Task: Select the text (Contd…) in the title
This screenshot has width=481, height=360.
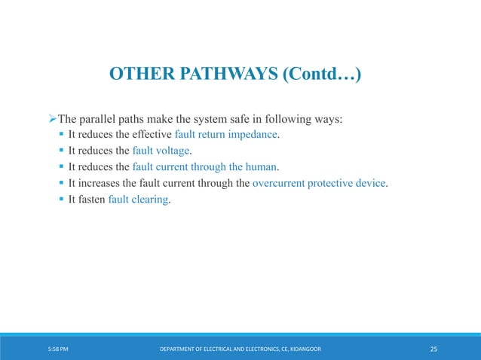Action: tap(316, 75)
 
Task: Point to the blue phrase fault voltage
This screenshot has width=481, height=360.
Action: tap(161, 151)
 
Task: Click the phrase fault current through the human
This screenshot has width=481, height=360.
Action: tap(205, 167)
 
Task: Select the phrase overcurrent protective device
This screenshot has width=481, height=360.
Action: tap(319, 184)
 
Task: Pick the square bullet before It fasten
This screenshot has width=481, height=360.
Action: tap(61, 200)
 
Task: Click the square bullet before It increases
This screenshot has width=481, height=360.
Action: tap(61, 184)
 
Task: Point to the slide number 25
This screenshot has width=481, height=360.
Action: tap(434, 349)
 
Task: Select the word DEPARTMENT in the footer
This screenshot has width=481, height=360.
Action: tap(179, 349)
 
